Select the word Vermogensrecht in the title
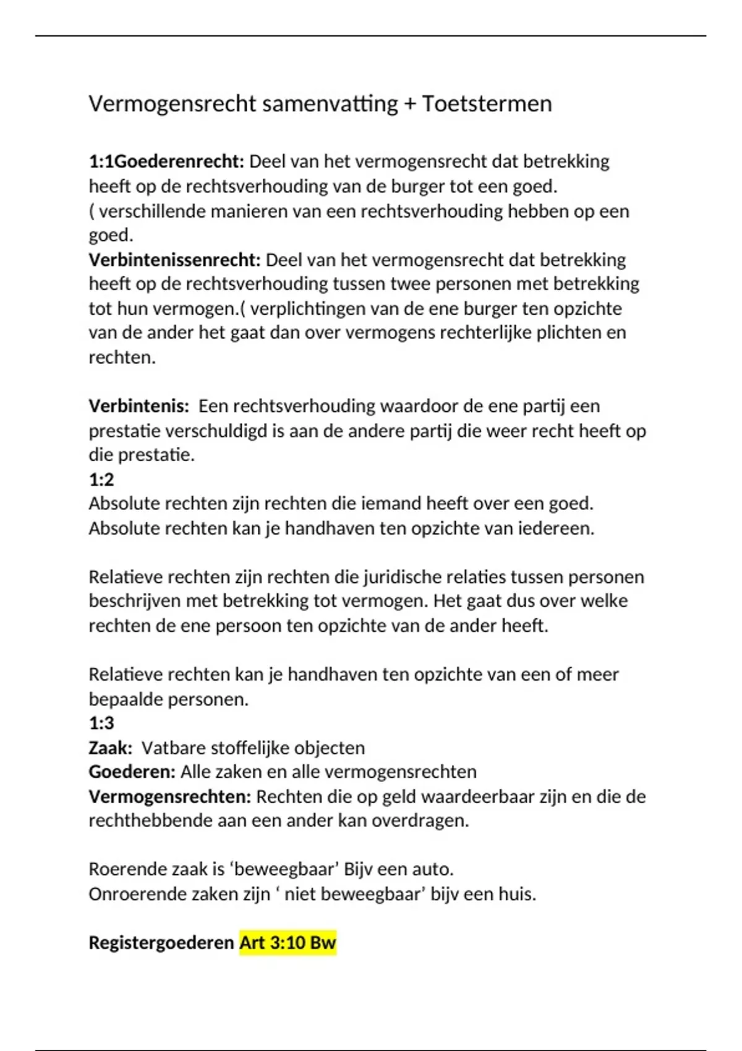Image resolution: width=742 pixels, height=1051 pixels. pyautogui.click(x=173, y=104)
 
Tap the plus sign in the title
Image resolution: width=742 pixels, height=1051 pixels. pyautogui.click(x=409, y=104)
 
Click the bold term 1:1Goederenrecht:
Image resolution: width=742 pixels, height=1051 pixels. pyautogui.click(x=166, y=161)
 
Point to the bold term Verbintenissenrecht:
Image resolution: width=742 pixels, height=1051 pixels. pyautogui.click(x=174, y=260)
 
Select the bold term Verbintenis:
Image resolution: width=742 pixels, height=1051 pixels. pyautogui.click(x=139, y=406)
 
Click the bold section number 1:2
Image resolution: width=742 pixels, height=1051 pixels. pyautogui.click(x=101, y=479)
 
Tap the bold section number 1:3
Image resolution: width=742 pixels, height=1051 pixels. pyautogui.click(x=101, y=723)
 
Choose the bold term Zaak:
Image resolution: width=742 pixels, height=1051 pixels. pyautogui.click(x=110, y=748)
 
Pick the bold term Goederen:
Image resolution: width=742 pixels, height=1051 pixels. pyautogui.click(x=132, y=772)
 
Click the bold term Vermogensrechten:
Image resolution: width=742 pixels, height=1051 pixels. pyautogui.click(x=169, y=797)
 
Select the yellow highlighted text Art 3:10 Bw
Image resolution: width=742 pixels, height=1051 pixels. pyautogui.click(x=288, y=943)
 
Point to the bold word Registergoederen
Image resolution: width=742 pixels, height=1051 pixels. pyautogui.click(x=161, y=943)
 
